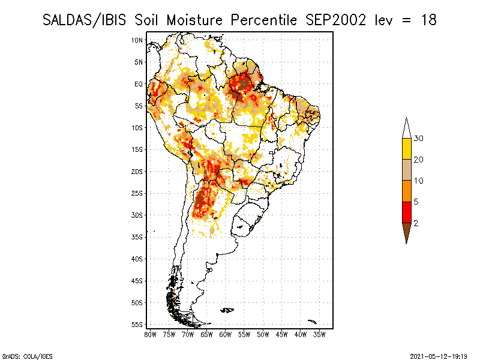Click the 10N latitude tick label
(x=137, y=40)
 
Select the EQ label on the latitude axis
(x=139, y=84)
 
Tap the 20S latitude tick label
(x=137, y=172)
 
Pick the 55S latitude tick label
(x=137, y=325)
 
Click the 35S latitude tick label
(x=137, y=237)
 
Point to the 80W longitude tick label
(x=150, y=334)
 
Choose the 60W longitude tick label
(x=226, y=334)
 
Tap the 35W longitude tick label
(x=320, y=334)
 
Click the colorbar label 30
(x=419, y=139)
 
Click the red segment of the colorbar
(x=406, y=212)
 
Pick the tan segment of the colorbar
(x=406, y=170)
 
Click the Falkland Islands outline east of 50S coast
(x=227, y=310)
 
